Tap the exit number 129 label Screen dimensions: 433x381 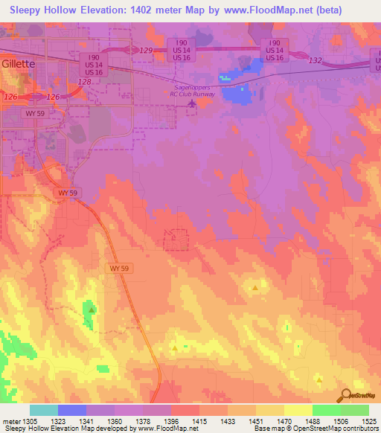point(146,50)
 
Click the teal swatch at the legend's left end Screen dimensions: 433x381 point(43,410)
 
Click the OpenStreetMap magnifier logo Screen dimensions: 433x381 point(345,396)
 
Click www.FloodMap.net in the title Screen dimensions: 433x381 point(284,10)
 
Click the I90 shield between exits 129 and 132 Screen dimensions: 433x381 point(273,50)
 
